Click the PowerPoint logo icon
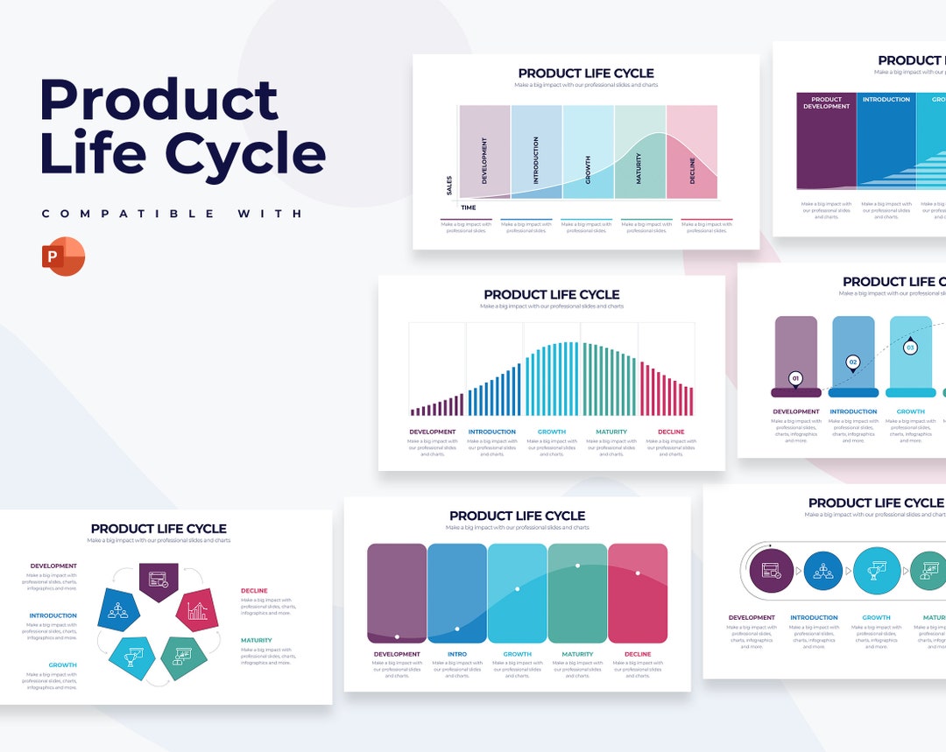coord(63,257)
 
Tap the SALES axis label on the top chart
coord(449,185)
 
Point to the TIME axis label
coord(469,207)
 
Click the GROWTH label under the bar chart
coord(552,432)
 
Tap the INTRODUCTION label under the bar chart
coord(492,432)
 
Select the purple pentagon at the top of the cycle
coord(159,580)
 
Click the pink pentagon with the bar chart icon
coord(197,610)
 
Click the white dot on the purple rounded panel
coord(398,636)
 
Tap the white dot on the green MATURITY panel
coord(577,566)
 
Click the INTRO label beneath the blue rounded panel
coord(457,654)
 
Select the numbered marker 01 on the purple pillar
coord(795,379)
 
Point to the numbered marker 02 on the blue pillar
coord(852,362)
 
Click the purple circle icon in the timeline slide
coord(771,571)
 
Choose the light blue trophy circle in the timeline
coord(877,571)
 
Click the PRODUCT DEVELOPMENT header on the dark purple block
coord(826,103)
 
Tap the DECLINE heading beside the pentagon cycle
coord(255,591)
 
